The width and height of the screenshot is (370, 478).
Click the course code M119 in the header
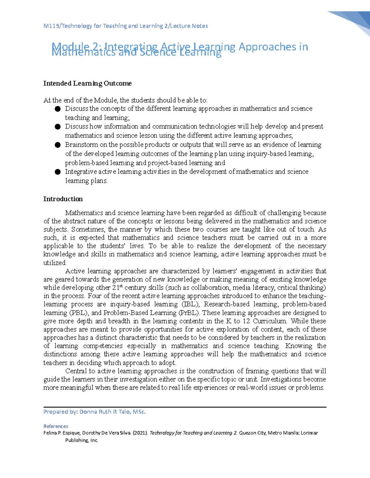[x=51, y=26]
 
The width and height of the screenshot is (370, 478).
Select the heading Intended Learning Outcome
[x=87, y=83]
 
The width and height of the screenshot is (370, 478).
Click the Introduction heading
[x=63, y=199]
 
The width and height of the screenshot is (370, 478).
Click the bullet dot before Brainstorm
[x=57, y=145]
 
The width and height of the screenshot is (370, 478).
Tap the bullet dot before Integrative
[x=57, y=172]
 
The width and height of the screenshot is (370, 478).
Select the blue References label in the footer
[x=56, y=426]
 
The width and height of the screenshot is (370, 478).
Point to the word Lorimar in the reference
[x=309, y=433]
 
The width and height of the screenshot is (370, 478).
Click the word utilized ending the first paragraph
[x=55, y=263]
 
